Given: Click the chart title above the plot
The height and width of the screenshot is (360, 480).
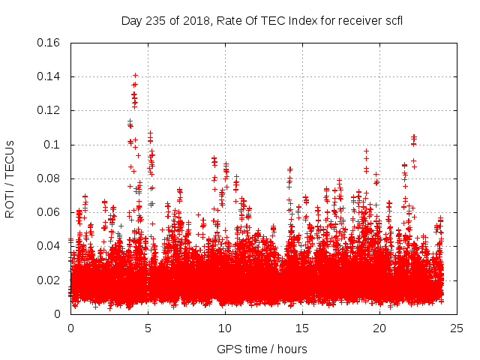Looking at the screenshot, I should click(262, 20).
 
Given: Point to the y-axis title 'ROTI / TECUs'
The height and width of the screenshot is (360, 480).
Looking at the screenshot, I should click(10, 178).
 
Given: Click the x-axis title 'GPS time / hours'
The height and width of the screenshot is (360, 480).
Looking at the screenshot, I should click(262, 349).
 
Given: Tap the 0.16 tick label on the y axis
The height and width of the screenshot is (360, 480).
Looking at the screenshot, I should click(49, 43).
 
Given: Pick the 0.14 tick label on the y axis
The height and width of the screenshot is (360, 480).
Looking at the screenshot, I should click(49, 76).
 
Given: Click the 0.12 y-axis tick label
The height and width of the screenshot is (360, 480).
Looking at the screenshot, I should click(49, 110).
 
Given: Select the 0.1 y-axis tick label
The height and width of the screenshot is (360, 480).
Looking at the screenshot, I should click(52, 145).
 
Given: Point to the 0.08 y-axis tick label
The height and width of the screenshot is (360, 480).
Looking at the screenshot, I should click(49, 178).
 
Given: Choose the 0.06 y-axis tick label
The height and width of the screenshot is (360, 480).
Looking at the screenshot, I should click(49, 212).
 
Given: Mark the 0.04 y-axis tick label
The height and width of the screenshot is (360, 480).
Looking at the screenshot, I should click(49, 246).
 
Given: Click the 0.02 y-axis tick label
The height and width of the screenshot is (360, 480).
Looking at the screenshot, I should click(49, 280).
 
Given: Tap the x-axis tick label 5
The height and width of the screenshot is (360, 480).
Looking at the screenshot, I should click(148, 328).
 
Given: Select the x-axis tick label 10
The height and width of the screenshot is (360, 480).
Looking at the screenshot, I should click(225, 328).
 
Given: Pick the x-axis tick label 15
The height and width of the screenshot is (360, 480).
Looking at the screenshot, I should click(302, 328).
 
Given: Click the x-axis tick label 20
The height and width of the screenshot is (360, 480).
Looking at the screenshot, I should click(379, 328).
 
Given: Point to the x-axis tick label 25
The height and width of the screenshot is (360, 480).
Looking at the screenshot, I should click(457, 328).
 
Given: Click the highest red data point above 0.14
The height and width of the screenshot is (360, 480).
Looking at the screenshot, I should click(135, 75).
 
